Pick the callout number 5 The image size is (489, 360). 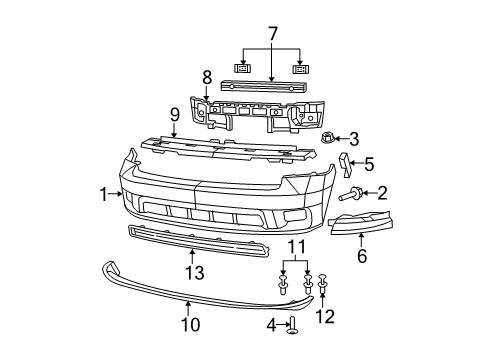[x=368, y=162]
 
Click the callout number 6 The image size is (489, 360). [x=361, y=256]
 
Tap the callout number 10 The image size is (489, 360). [x=188, y=322]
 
